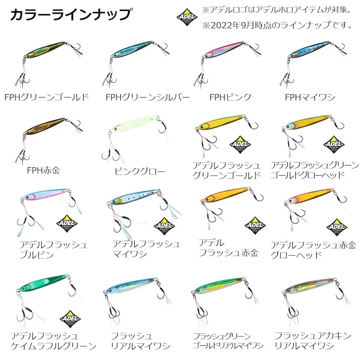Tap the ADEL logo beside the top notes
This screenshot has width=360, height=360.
tap(187, 17)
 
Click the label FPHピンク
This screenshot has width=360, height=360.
tap(230, 97)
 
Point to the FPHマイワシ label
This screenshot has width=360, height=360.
tap(310, 97)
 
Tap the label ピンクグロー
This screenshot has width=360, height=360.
tap(140, 171)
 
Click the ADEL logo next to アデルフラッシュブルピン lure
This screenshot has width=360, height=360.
tap(67, 223)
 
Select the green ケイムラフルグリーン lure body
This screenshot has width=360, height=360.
tap(43, 283)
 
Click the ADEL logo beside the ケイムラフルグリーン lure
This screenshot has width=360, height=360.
tap(70, 319)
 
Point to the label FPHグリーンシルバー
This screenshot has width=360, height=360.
tap(148, 97)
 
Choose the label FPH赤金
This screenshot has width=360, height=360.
tap(43, 171)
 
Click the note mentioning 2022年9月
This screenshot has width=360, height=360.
tap(277, 25)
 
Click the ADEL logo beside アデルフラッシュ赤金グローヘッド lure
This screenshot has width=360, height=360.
tap(337, 227)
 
